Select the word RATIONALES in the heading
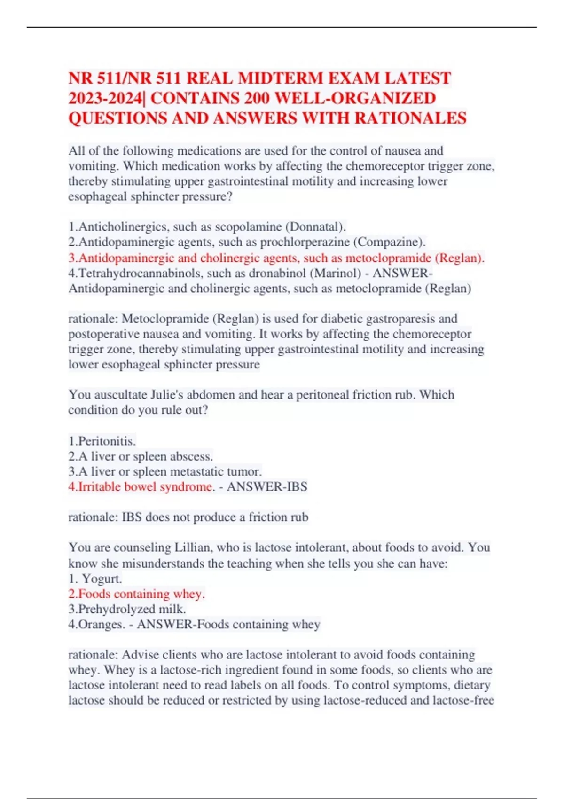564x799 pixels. point(410,118)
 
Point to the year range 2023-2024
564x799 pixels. point(105,98)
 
